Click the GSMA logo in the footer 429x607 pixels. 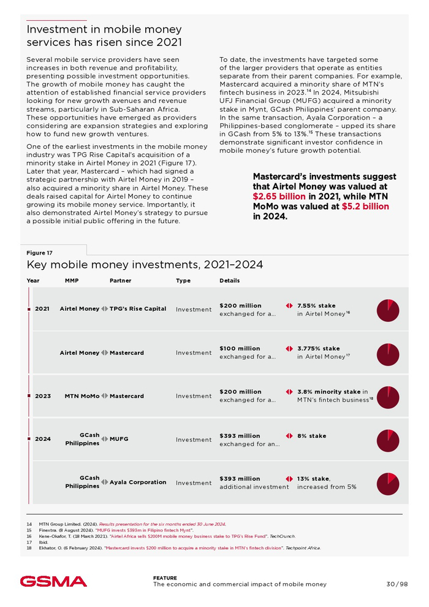(x=53, y=581)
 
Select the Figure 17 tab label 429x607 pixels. (x=40, y=253)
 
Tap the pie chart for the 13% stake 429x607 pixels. (x=388, y=483)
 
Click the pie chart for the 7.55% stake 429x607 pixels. (x=388, y=310)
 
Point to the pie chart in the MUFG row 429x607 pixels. (x=388, y=440)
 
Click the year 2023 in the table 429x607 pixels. (x=43, y=396)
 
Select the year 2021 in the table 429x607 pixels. (x=42, y=309)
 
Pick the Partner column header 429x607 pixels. (x=120, y=281)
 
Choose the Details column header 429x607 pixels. (x=230, y=281)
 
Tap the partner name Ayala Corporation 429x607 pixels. (x=138, y=482)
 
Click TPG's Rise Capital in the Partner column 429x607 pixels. (x=138, y=308)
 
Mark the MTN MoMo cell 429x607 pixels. (x=82, y=396)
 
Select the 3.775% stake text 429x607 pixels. (x=318, y=348)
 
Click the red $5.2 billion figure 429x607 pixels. (x=365, y=206)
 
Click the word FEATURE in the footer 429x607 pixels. (x=165, y=578)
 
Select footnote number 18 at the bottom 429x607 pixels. (x=29, y=548)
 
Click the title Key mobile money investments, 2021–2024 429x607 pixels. (x=145, y=265)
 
